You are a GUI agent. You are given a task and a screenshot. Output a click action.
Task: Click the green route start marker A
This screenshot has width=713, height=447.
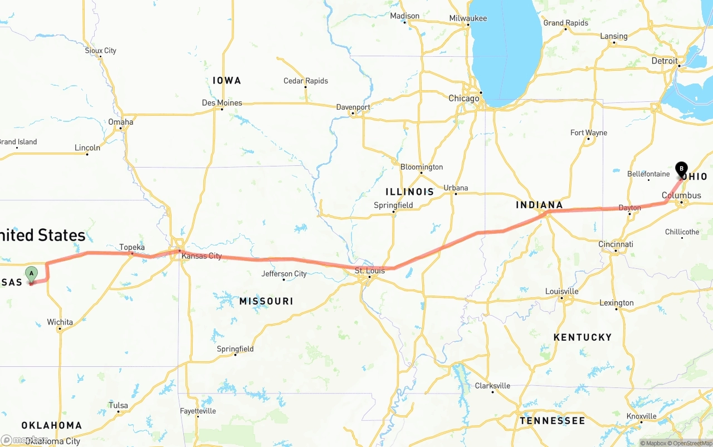tap(32, 273)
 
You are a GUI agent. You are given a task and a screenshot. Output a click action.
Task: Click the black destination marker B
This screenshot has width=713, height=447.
tap(681, 169)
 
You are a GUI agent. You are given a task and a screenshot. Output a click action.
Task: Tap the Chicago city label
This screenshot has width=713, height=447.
tap(463, 99)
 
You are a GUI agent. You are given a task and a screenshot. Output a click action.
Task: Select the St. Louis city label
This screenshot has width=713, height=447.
tap(370, 271)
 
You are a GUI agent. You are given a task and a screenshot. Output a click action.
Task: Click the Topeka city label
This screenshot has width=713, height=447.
tap(132, 247)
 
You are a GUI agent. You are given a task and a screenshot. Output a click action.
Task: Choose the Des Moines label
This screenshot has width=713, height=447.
tap(222, 103)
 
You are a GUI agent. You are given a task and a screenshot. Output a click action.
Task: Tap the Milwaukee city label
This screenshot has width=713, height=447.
tap(468, 18)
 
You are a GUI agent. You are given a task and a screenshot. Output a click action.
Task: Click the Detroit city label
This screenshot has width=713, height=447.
tap(665, 61)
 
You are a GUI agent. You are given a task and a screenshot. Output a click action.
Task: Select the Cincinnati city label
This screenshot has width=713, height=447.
tap(616, 244)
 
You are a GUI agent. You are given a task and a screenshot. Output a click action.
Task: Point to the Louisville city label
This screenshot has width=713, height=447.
tap(561, 292)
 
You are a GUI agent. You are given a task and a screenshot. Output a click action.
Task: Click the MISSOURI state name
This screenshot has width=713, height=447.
tap(266, 301)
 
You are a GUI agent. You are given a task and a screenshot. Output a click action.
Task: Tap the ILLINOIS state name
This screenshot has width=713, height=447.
tap(409, 191)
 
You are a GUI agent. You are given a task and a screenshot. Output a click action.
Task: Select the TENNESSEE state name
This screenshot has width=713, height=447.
tap(552, 421)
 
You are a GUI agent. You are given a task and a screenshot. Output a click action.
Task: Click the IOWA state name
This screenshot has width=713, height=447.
tap(227, 81)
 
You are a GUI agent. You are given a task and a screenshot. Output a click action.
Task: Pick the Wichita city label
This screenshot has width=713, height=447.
tap(60, 322)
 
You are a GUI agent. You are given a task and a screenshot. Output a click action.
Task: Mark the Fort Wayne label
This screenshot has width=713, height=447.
tap(588, 132)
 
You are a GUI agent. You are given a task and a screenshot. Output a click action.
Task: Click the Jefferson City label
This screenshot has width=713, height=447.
tap(284, 274)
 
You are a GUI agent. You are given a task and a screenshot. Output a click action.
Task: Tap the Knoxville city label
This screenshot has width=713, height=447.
tap(641, 416)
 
